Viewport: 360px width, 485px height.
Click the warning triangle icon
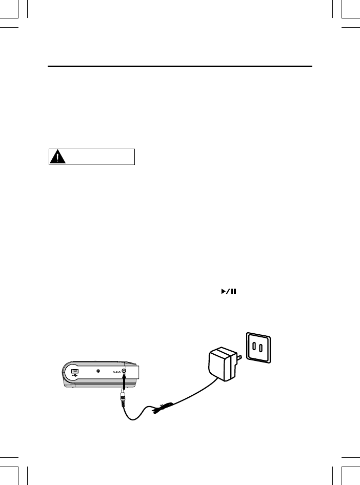coord(61,157)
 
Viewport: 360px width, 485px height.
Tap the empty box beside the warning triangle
coord(101,157)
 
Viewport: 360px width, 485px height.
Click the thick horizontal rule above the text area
coord(180,66)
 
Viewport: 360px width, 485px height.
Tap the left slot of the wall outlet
coord(255,348)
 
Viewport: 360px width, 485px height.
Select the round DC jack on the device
coord(124,372)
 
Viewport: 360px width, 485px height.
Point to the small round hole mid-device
coord(98,373)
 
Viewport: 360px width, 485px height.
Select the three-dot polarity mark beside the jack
coord(116,373)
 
